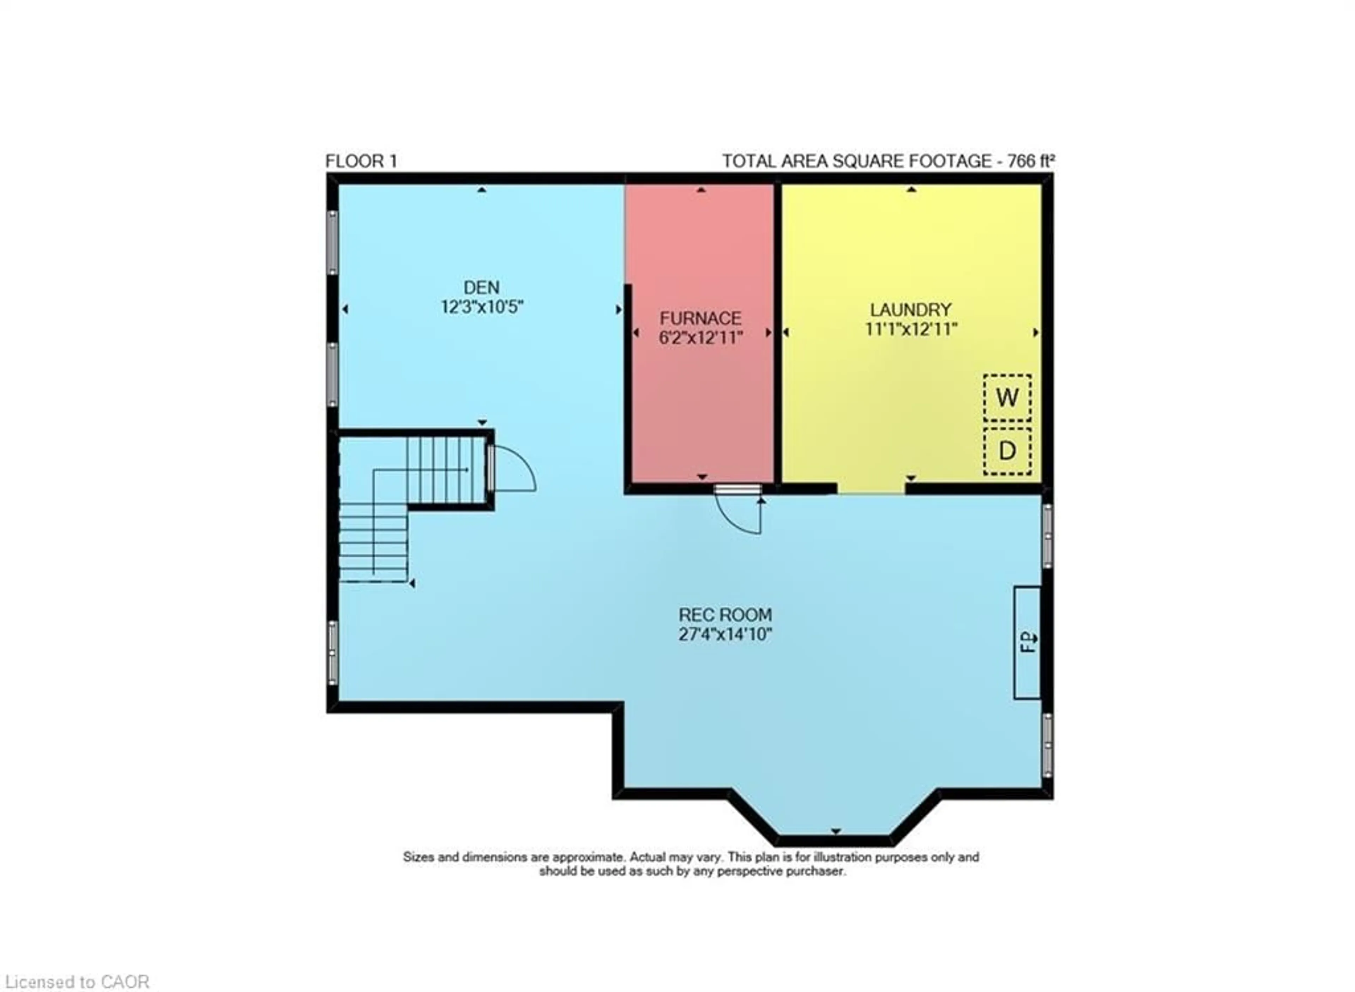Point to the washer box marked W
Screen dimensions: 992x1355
pos(1007,397)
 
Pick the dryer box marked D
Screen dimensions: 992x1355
pos(1007,450)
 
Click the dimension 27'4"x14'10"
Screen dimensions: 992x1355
pos(725,634)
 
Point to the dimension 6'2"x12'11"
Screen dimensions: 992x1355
pos(701,337)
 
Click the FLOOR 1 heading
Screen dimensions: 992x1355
pos(361,161)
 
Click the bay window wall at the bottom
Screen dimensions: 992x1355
pos(835,840)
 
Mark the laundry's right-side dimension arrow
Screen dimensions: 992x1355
pos(1035,332)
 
